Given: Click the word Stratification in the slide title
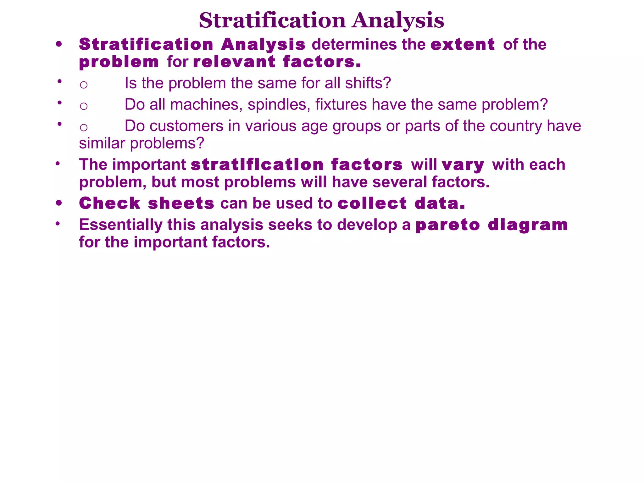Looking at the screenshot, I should (272, 20).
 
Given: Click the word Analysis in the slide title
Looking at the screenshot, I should (398, 21).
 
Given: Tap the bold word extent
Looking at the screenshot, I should (463, 44).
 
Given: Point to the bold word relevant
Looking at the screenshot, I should (234, 62).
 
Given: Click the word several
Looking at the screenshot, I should (400, 182).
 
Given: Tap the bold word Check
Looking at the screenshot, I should (110, 203).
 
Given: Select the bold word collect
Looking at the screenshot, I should (372, 203).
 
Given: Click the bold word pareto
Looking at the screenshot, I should (448, 225).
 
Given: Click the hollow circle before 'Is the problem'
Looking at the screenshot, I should (83, 85).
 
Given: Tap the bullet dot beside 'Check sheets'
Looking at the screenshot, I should (59, 203).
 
